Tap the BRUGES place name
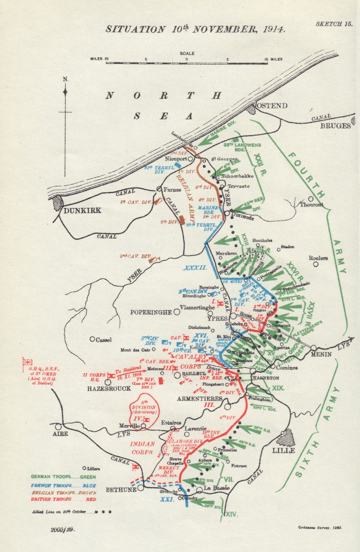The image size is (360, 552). [x=335, y=126]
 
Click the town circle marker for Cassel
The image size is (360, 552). [x=92, y=339]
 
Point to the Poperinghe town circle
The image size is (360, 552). [x=177, y=312]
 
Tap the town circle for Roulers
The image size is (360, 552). [x=316, y=264]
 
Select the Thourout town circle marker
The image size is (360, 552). [x=311, y=198]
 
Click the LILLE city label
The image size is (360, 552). [x=283, y=450]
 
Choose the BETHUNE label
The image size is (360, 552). [x=121, y=490]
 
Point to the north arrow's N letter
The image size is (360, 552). [x=65, y=79]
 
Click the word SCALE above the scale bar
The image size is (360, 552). [x=187, y=53]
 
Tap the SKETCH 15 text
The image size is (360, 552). [x=334, y=24]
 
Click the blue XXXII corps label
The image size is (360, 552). [x=195, y=268]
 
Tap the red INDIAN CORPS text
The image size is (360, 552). [x=142, y=448]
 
